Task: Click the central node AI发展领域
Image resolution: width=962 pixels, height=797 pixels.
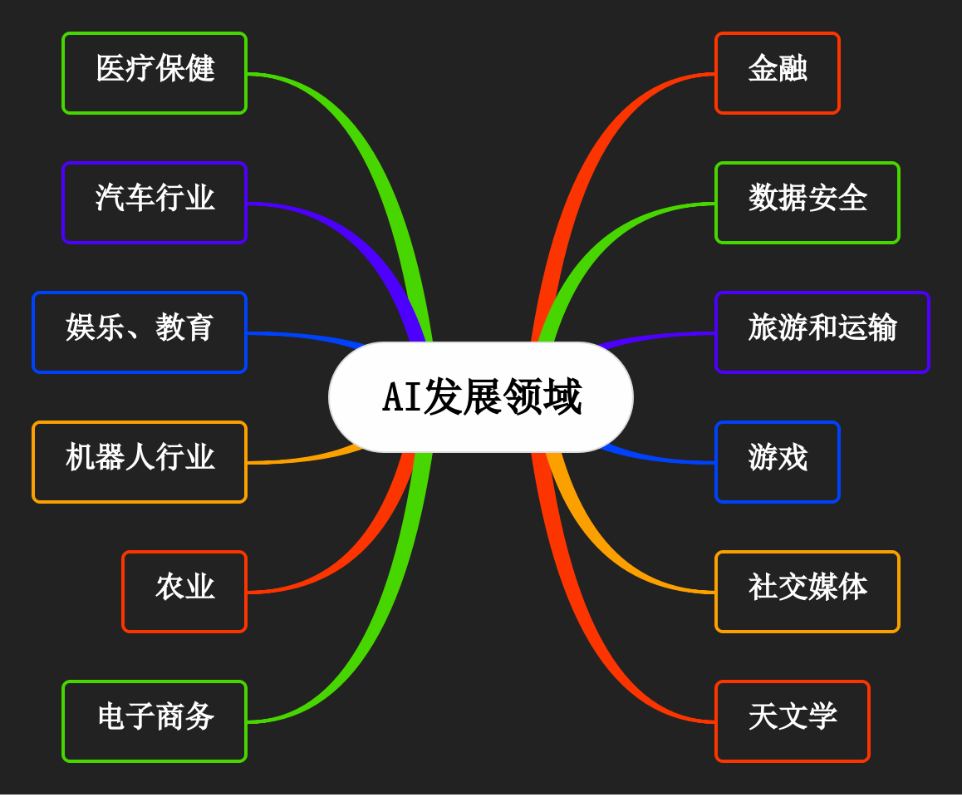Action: [481, 397]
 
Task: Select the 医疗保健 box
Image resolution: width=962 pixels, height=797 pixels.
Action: [155, 73]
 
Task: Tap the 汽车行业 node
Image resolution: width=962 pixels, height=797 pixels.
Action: [155, 203]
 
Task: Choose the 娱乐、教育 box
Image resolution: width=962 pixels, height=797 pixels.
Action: [140, 332]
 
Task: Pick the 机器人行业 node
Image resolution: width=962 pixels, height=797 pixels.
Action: [140, 462]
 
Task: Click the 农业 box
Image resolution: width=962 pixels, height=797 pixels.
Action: [184, 592]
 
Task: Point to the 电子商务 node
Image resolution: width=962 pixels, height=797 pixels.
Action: [155, 721]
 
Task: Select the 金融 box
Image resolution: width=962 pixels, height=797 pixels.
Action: [778, 73]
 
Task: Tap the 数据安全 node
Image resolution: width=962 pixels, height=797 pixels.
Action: [807, 203]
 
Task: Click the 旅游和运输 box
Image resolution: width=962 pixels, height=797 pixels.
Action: [822, 332]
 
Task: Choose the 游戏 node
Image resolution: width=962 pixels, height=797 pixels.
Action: [778, 462]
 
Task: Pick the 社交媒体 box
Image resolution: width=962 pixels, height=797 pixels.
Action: [807, 592]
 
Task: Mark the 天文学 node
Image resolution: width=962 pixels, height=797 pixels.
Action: [793, 721]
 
